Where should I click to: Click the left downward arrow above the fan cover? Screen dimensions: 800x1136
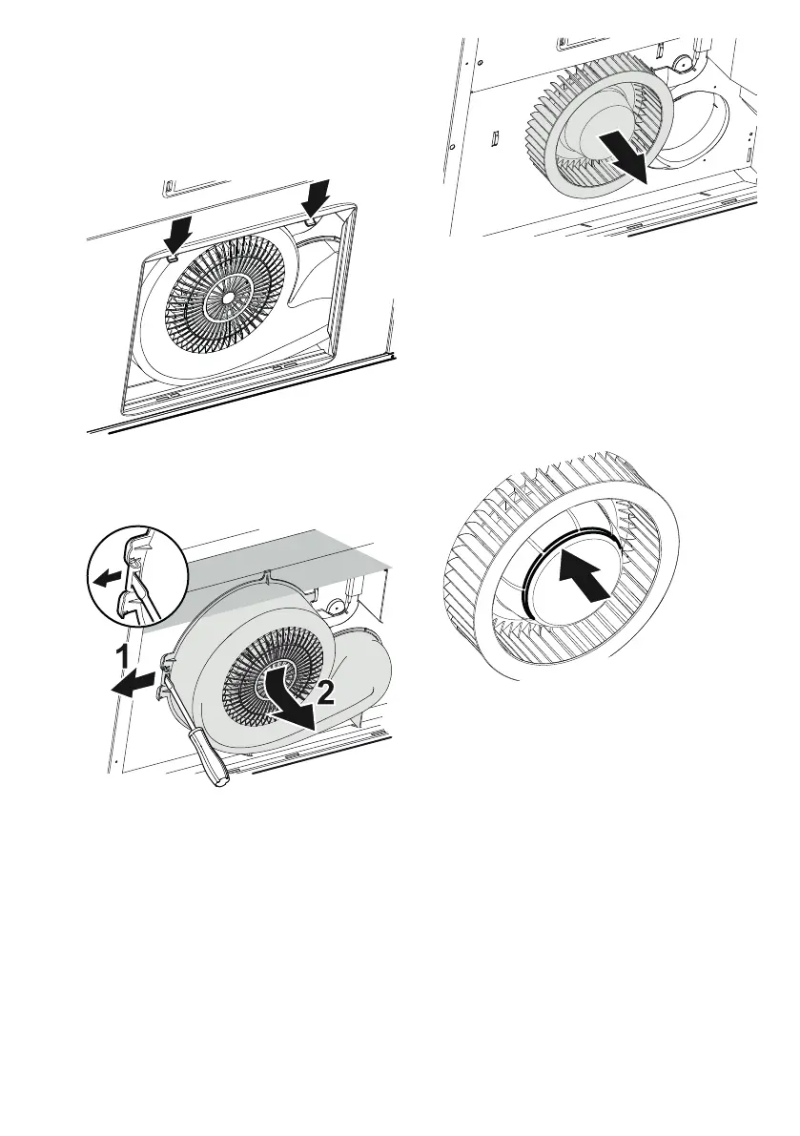click(x=177, y=234)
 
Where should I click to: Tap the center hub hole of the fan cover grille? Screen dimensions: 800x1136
click(x=228, y=297)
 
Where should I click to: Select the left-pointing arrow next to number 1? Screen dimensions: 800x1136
click(x=133, y=684)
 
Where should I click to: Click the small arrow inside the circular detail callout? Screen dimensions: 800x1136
click(x=107, y=578)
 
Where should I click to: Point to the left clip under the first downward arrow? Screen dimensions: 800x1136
click(x=174, y=257)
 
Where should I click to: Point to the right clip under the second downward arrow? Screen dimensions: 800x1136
click(x=310, y=220)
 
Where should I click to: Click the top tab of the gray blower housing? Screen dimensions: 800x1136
click(x=268, y=577)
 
